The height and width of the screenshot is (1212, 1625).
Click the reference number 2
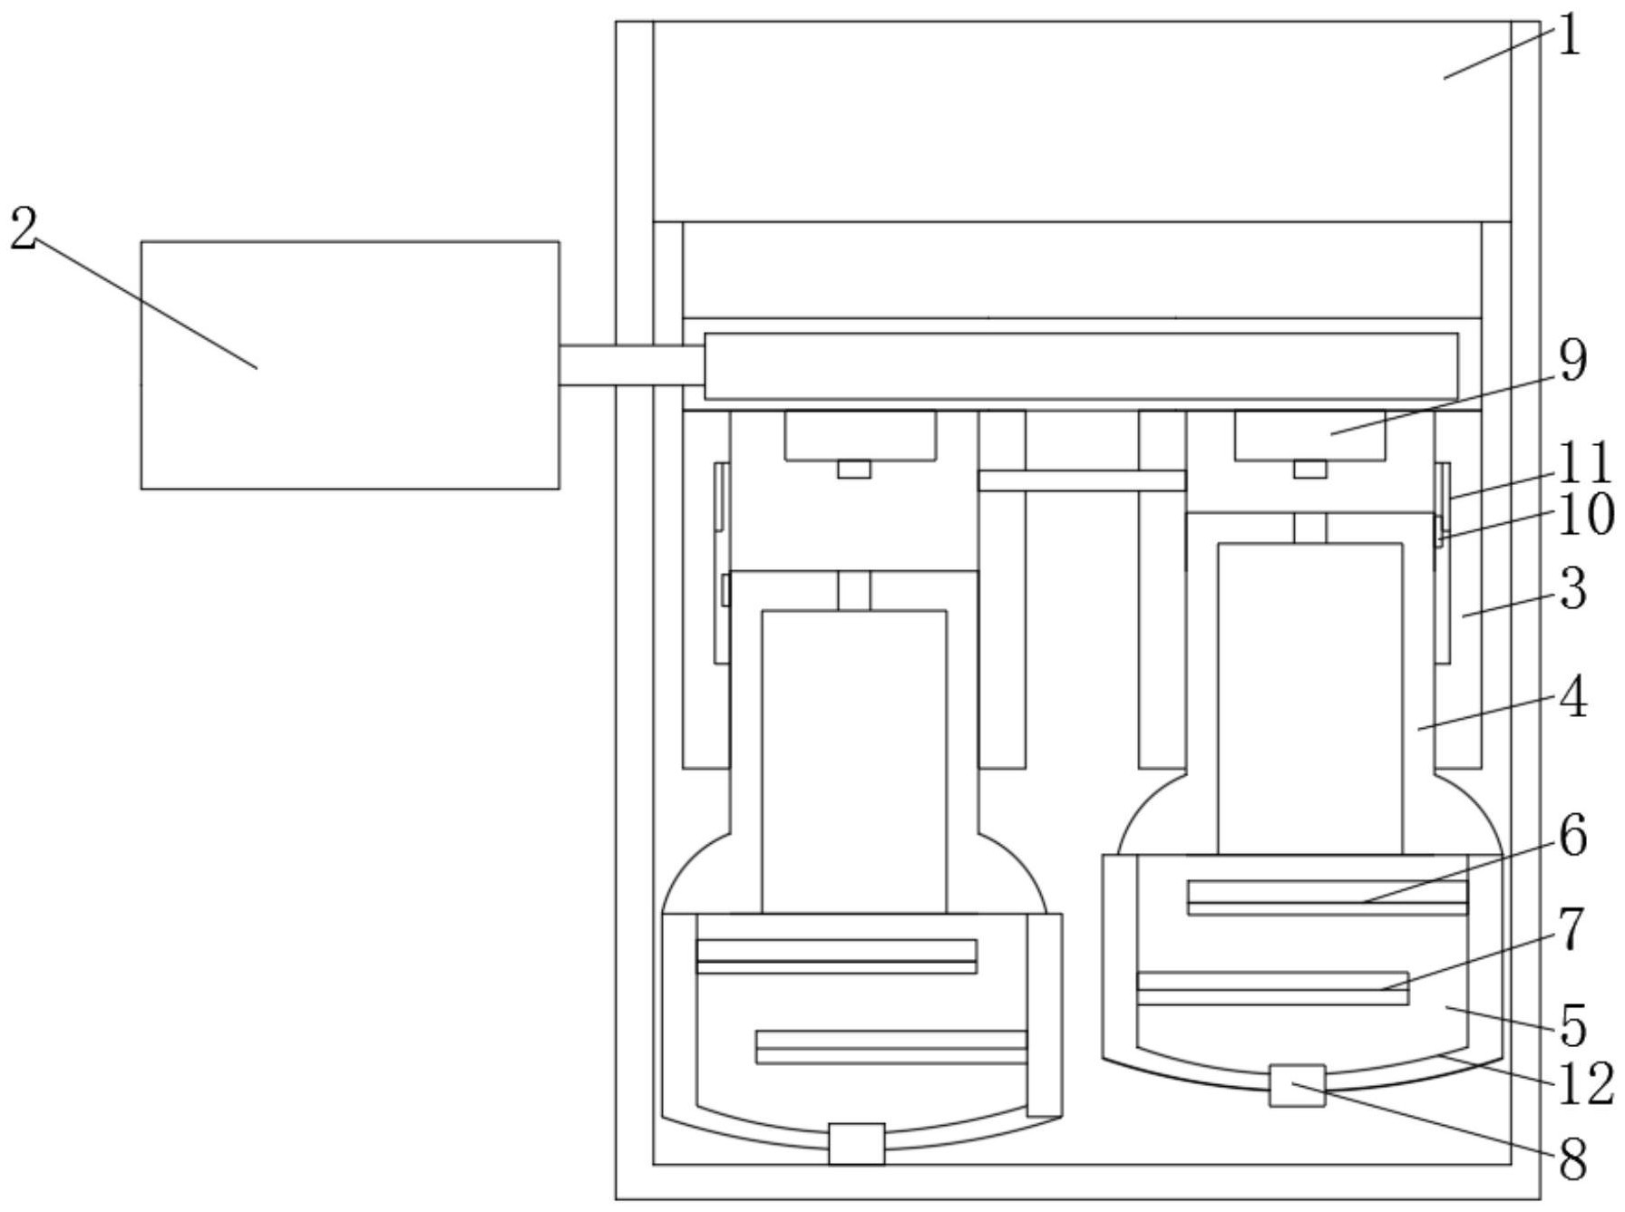click(x=24, y=228)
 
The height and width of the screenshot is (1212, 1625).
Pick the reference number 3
click(x=1573, y=588)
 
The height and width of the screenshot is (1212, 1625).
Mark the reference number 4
click(x=1573, y=699)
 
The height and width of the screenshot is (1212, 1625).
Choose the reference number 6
click(x=1573, y=836)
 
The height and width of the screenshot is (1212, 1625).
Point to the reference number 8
click(x=1573, y=1159)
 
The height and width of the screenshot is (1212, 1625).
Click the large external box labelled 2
click(x=350, y=365)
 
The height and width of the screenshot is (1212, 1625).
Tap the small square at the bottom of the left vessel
click(x=857, y=1144)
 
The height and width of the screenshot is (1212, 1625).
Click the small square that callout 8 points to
click(x=1297, y=1085)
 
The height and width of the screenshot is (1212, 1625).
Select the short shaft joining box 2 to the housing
click(x=632, y=365)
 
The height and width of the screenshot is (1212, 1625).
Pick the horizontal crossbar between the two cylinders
click(x=1082, y=480)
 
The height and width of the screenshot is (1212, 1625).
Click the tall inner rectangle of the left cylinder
click(x=854, y=761)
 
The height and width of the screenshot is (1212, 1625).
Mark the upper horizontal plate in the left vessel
click(x=836, y=956)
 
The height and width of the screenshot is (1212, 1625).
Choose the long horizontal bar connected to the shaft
click(x=1081, y=366)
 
